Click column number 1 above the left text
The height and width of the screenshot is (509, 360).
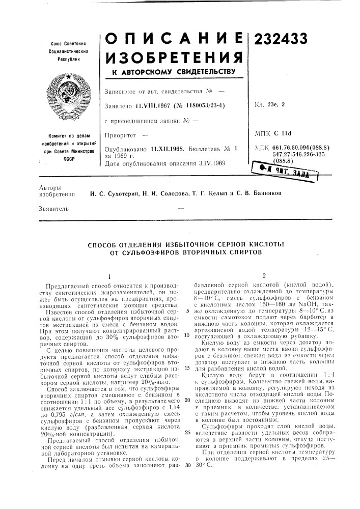(108, 275)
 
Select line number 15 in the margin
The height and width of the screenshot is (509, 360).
(187, 368)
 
